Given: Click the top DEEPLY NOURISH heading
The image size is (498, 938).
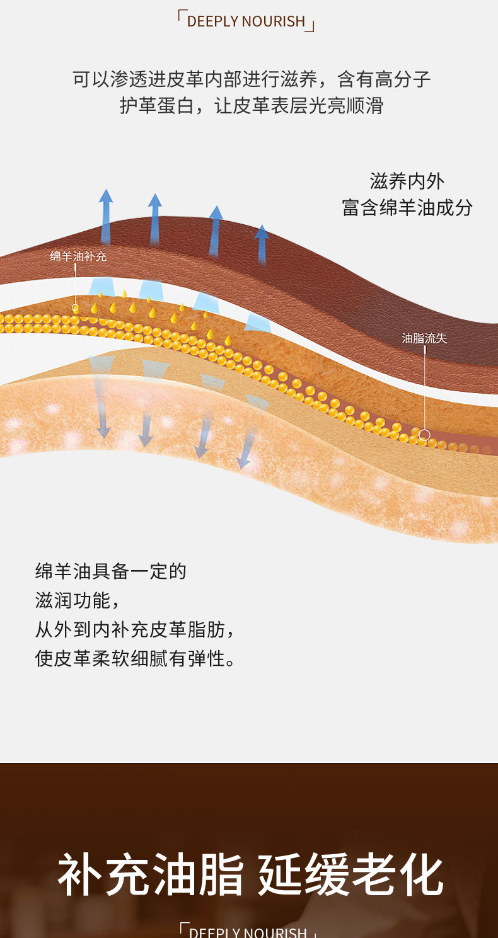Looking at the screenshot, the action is (246, 21).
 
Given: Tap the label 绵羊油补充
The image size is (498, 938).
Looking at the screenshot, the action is (78, 256).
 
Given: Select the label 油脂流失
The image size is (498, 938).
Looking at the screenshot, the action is (424, 338).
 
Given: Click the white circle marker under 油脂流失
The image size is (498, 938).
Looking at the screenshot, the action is (424, 435).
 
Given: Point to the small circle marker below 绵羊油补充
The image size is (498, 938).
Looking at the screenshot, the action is (75, 308).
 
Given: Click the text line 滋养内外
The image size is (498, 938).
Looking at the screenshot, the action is (407, 181).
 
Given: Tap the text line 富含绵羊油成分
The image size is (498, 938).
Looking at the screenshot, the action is (407, 208).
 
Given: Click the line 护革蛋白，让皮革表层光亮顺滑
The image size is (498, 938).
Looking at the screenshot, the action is (252, 105).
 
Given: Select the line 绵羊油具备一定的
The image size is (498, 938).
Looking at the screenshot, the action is (111, 571).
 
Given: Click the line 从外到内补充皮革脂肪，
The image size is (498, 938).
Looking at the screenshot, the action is (135, 629).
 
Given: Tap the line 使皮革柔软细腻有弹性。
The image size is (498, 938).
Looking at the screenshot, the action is (135, 658).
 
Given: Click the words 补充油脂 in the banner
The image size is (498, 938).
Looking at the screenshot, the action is (150, 874).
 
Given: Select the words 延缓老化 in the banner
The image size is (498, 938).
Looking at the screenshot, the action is (350, 874).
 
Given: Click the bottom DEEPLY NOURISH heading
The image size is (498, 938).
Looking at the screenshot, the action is (247, 932).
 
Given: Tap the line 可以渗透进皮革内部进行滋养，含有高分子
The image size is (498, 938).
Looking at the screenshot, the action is (252, 79).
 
